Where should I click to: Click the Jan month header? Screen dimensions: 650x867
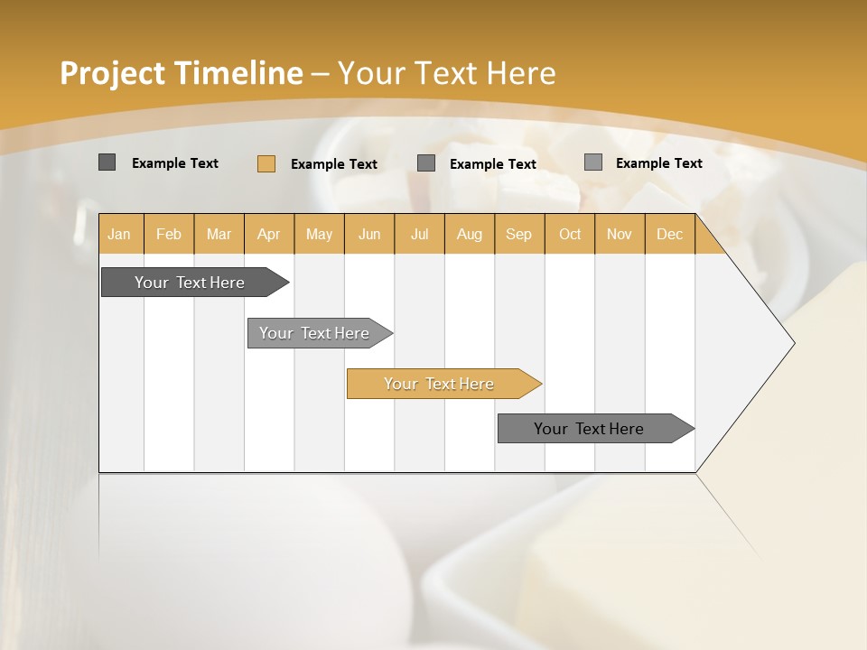tap(119, 235)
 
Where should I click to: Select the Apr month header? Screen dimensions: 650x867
tap(268, 235)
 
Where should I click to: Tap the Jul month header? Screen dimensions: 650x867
tap(419, 235)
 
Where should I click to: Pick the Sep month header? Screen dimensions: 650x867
tap(518, 235)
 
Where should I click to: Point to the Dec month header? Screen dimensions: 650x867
tap(669, 235)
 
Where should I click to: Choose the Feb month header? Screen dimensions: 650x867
tap(169, 235)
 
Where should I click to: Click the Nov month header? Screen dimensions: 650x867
tap(619, 235)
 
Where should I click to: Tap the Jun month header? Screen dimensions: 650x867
tap(368, 235)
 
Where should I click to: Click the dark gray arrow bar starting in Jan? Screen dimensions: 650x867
tap(190, 283)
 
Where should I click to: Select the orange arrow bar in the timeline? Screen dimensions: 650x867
tap(439, 384)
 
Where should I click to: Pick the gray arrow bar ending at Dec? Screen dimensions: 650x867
tap(589, 429)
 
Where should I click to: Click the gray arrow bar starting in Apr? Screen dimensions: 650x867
tap(314, 333)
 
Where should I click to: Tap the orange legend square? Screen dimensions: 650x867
tap(266, 163)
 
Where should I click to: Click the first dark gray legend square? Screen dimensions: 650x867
tap(107, 162)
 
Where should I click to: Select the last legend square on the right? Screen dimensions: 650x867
tap(592, 162)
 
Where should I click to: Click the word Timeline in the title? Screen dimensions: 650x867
tap(238, 73)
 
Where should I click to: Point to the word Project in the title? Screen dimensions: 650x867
tap(113, 73)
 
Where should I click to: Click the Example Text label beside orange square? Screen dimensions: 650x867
tap(334, 164)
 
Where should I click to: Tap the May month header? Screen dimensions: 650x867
tap(319, 235)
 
